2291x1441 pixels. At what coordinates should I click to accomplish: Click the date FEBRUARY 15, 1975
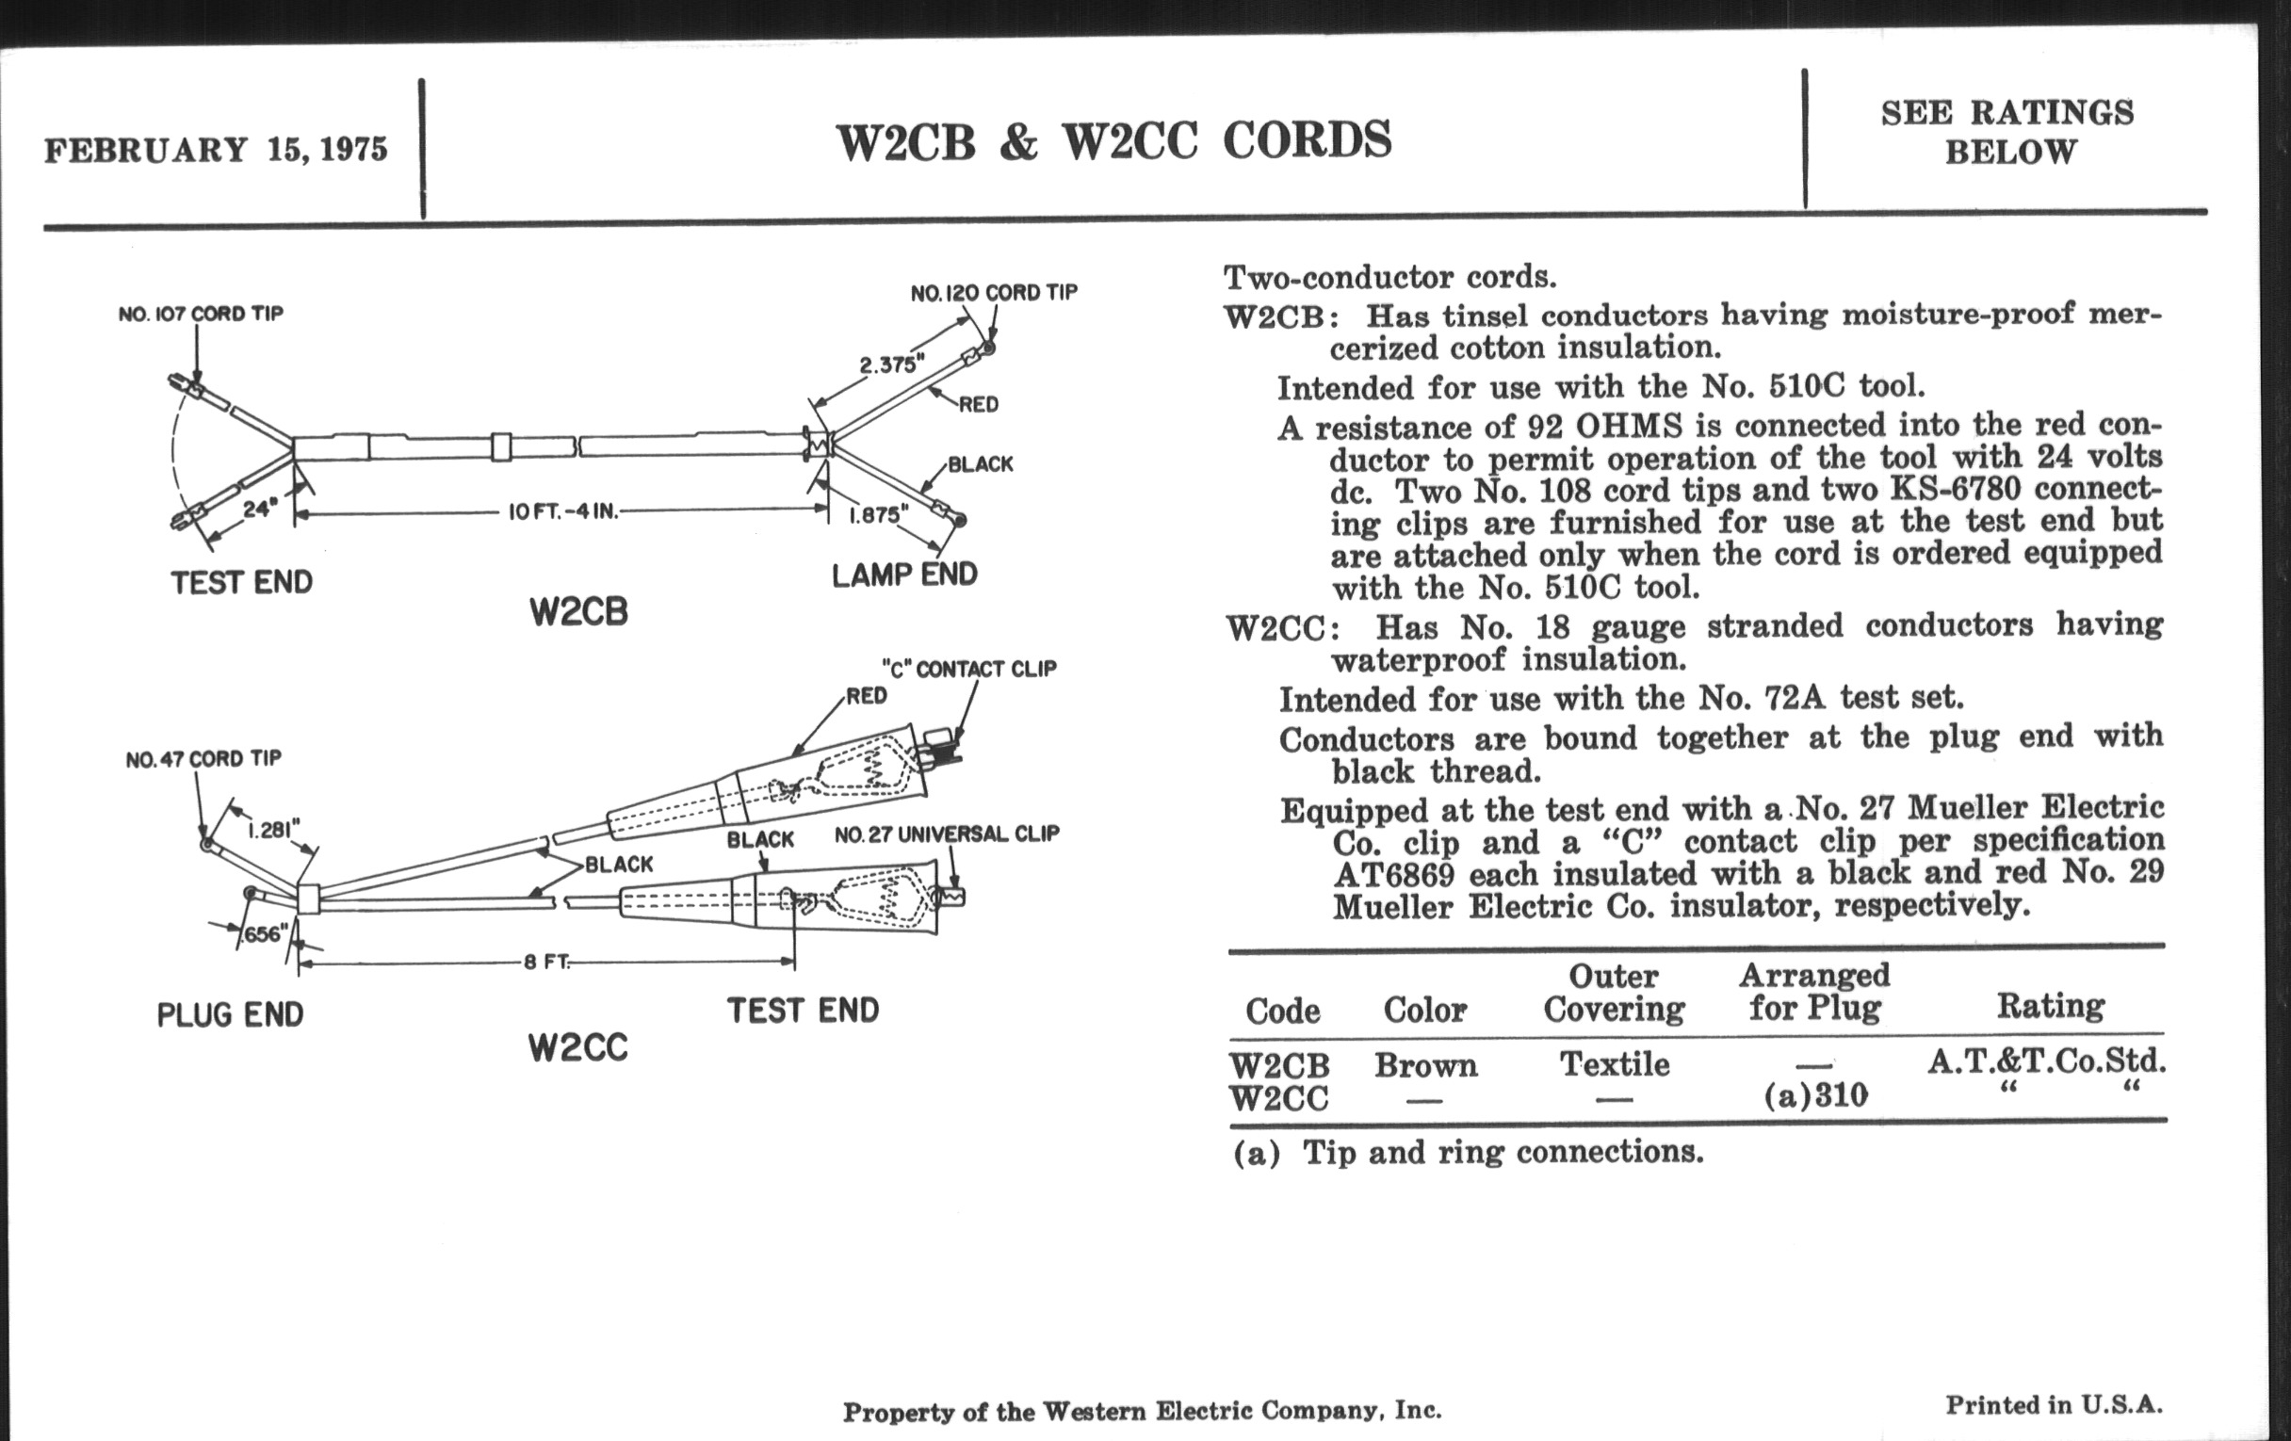coord(216,151)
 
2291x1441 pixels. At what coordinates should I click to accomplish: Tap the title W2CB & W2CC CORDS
coord(1113,140)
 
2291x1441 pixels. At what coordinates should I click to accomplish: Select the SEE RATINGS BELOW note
coord(2007,132)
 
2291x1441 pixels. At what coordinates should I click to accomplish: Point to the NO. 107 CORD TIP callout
coord(201,314)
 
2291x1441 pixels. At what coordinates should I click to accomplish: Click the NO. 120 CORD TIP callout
coord(993,293)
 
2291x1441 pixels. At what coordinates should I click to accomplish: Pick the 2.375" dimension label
coord(891,365)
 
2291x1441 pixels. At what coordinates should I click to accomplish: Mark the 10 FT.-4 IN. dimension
coord(563,511)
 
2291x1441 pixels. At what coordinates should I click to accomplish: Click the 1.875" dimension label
coord(878,514)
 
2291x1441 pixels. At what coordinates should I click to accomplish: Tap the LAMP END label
coord(903,575)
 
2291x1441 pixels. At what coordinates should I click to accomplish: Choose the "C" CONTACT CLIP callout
coord(968,669)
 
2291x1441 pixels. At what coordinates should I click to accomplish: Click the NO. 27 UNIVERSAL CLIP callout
coord(947,834)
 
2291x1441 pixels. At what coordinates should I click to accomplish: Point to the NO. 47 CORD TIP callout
coord(203,759)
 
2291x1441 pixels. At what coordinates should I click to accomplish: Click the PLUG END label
coord(230,1015)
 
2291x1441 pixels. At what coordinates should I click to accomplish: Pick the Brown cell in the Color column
coord(1425,1065)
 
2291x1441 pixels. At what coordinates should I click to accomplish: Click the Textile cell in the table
coord(1614,1063)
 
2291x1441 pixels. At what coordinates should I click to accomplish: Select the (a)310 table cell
coord(1815,1096)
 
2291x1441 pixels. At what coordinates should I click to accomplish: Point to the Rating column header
coord(2049,1005)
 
